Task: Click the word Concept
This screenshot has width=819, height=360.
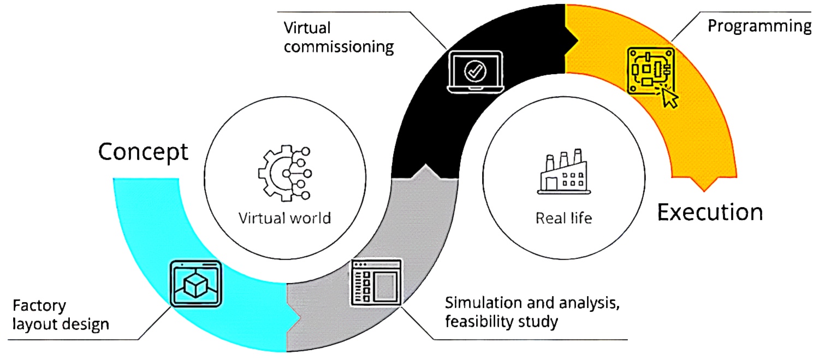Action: click(143, 152)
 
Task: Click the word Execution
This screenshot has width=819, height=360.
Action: click(710, 211)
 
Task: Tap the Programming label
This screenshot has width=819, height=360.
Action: click(759, 26)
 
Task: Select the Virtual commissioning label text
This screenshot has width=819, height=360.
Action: click(339, 37)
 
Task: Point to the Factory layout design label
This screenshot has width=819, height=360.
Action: click(61, 314)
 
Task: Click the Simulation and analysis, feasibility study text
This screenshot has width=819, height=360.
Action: click(532, 312)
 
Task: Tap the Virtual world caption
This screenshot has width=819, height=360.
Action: click(284, 219)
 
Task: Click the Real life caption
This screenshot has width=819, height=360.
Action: click(563, 219)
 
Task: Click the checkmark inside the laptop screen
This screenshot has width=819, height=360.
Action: click(474, 69)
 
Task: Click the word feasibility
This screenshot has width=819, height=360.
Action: click(479, 322)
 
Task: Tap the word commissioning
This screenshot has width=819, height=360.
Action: click(339, 47)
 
